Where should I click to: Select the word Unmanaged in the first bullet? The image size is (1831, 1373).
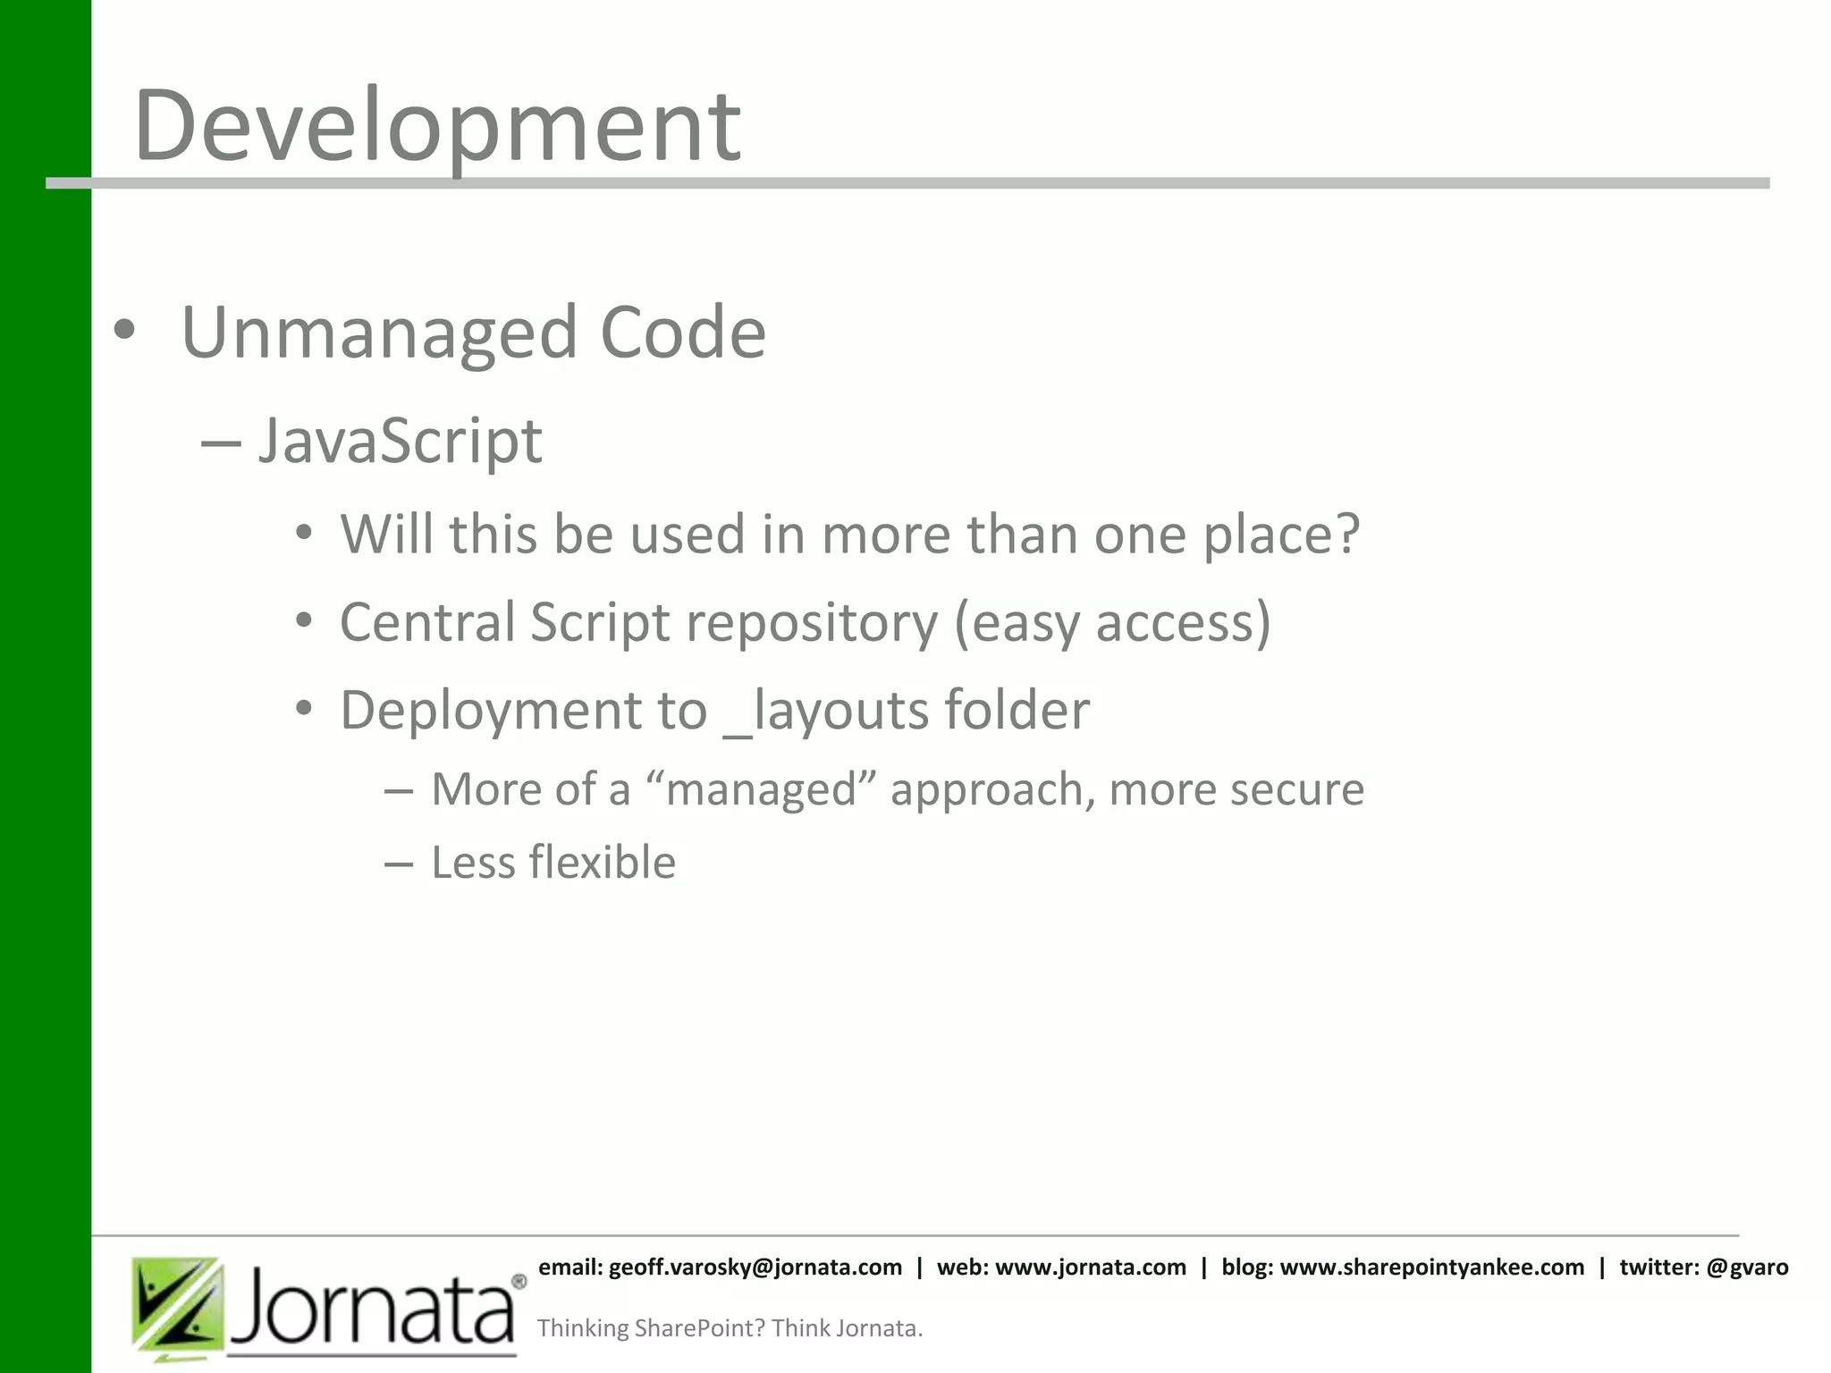379,333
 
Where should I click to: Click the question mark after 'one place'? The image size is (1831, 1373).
1345,534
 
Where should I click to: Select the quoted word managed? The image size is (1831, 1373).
761,789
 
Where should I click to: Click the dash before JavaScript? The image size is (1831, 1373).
221,442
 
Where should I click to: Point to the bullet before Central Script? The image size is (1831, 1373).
304,621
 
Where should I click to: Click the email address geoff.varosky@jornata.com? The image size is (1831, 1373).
755,1267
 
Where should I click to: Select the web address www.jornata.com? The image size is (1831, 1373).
1090,1267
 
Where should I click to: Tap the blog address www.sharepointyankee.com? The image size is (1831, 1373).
1431,1267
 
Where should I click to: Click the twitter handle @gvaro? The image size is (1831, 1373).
1747,1267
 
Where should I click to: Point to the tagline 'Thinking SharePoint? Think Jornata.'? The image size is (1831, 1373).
730,1328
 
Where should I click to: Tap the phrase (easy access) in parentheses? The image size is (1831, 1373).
1112,622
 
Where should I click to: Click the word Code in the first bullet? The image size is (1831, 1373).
683,333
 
